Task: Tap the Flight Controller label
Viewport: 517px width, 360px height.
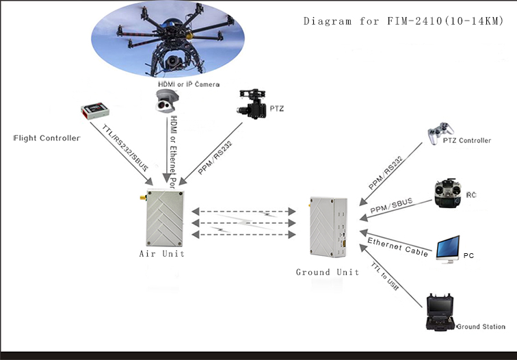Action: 47,138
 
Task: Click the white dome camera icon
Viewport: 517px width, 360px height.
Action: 166,100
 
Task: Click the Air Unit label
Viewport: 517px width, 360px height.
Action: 161,253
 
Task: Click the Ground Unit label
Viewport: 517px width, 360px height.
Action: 328,272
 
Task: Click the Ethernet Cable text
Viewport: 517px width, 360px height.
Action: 399,247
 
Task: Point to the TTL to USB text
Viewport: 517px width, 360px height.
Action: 385,277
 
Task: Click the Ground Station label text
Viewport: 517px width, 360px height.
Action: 481,327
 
